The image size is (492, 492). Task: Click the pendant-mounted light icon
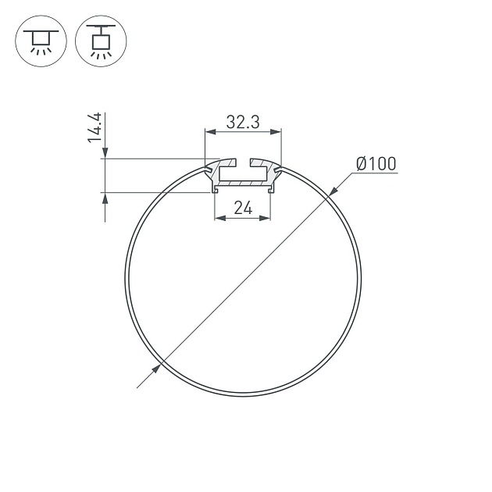pos(100,41)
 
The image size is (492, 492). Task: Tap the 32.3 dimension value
pos(243,122)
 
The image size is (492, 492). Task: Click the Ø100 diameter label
pos(376,163)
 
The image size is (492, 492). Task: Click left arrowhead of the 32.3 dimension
pos(209,133)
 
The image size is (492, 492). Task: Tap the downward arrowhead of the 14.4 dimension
pos(104,155)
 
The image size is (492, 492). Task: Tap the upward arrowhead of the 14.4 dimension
pos(104,197)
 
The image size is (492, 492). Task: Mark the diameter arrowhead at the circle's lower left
pos(155,369)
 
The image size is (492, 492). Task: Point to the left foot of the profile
pos(216,190)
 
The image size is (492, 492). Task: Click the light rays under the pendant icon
pos(100,55)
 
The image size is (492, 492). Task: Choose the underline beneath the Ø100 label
pos(376,173)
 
